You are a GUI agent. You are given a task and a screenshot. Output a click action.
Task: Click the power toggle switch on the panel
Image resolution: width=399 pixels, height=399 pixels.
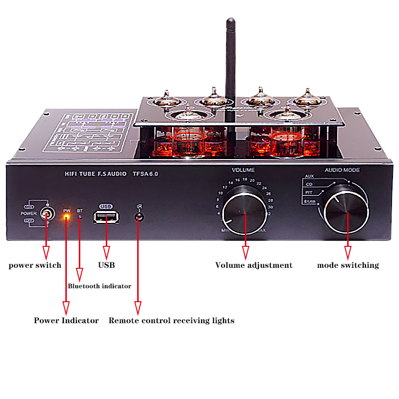tap(46, 214)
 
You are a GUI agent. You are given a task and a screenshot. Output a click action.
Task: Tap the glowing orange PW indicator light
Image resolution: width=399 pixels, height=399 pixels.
tap(66, 217)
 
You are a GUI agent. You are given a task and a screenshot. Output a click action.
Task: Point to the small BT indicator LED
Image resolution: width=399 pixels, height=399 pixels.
tap(79, 218)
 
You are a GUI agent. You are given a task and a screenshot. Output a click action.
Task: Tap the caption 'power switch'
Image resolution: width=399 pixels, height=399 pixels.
tap(35, 265)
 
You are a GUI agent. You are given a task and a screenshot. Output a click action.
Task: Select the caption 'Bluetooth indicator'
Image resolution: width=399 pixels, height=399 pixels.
tap(99, 286)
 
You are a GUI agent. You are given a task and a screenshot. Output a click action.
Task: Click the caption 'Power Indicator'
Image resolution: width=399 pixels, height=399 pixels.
tap(66, 320)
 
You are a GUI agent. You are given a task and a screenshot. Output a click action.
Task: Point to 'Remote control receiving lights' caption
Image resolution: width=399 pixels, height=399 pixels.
tap(172, 320)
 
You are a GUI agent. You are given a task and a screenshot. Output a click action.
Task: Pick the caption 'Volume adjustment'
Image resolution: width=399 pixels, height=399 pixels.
tap(254, 265)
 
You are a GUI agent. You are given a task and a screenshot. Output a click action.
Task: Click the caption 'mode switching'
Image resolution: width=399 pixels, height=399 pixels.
tap(348, 265)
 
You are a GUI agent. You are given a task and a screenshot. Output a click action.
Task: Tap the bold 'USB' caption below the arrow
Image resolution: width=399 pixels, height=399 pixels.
tap(106, 265)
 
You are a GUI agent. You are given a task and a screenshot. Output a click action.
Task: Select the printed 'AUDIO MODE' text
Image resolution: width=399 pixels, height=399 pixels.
tap(342, 170)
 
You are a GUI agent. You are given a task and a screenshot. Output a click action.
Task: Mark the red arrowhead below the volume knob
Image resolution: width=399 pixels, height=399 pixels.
tap(245, 251)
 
